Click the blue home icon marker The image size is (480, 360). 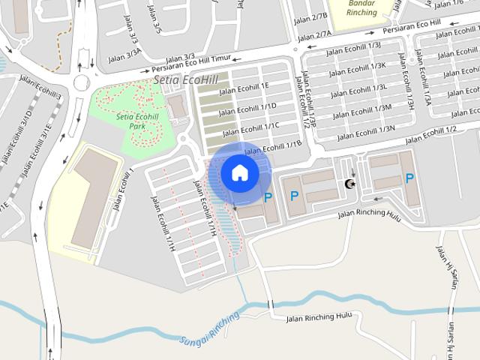point(239,172)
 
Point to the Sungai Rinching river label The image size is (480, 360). point(209,328)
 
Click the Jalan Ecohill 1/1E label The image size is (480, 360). point(244,88)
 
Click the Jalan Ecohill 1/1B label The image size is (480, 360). point(273,145)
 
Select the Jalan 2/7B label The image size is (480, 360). point(312,16)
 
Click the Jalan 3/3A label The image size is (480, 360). point(124,53)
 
